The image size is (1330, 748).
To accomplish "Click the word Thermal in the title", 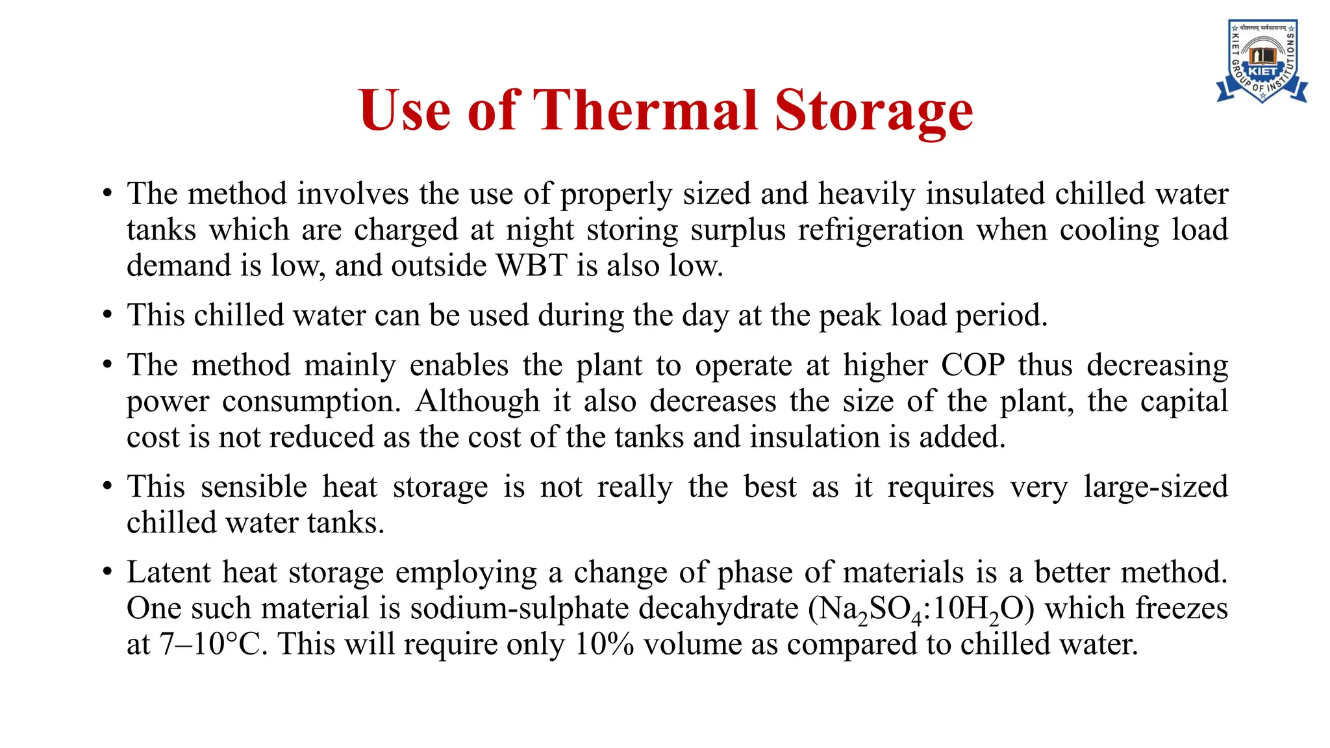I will [x=646, y=110].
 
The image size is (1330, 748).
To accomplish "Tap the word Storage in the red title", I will [x=873, y=112].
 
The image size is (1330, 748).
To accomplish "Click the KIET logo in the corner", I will [x=1262, y=62].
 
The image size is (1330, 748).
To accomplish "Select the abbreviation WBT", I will [x=532, y=266].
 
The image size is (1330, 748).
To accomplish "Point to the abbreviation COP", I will [x=973, y=365].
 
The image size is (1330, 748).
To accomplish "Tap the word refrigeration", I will [x=881, y=230].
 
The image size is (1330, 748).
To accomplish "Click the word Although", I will [x=477, y=401].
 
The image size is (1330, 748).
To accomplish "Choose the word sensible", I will [x=253, y=487].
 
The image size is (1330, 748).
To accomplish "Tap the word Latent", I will [x=169, y=573].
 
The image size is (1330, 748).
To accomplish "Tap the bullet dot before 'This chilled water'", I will [x=108, y=316].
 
